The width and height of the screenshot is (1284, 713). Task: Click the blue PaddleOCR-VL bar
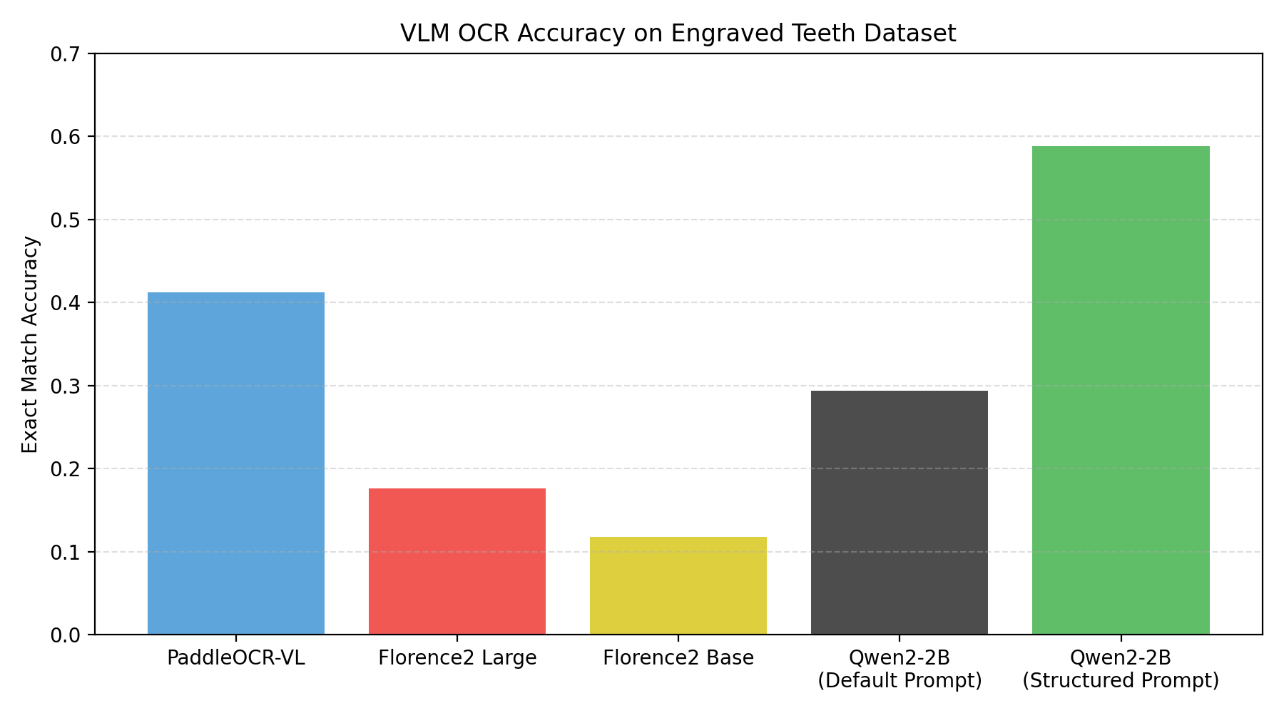tap(235, 463)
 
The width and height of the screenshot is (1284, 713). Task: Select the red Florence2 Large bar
tap(457, 562)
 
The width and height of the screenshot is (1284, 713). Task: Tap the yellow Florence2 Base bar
tap(678, 586)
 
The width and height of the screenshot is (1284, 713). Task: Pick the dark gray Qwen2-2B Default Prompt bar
tap(899, 513)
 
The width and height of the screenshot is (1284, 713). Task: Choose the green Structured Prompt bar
tap(1120, 391)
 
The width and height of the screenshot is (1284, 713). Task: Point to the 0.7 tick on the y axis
tap(68, 54)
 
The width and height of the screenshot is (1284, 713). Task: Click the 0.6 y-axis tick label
tap(68, 137)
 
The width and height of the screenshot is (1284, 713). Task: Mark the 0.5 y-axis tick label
tap(68, 220)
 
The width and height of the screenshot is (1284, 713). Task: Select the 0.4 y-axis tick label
tap(68, 303)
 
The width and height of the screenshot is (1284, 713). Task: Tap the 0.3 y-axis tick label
tap(68, 386)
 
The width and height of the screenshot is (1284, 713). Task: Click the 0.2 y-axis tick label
tap(68, 469)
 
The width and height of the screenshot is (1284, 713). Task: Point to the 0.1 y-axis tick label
tap(68, 553)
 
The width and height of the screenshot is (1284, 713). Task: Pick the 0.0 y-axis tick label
tap(68, 635)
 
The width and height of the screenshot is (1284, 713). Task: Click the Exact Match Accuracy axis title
tap(30, 344)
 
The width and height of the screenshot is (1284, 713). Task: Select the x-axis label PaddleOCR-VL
tap(235, 658)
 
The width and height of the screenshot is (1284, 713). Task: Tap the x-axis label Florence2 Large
tap(457, 658)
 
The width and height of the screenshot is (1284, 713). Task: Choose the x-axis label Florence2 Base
tap(678, 658)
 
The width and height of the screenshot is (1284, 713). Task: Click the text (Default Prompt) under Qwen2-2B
tap(899, 681)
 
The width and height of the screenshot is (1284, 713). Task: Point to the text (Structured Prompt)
tap(1120, 681)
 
